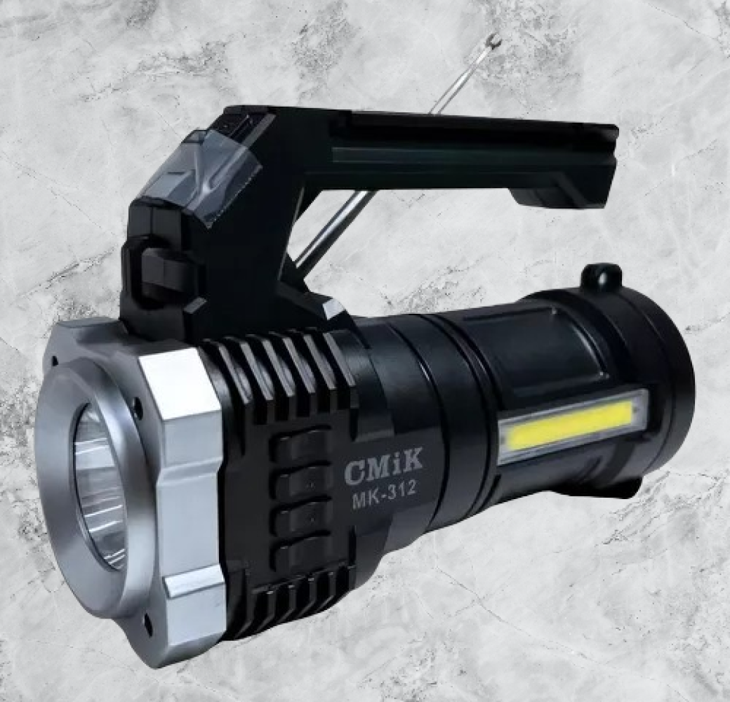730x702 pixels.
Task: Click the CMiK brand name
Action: click(x=384, y=466)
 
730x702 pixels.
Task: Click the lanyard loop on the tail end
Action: click(x=601, y=277)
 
